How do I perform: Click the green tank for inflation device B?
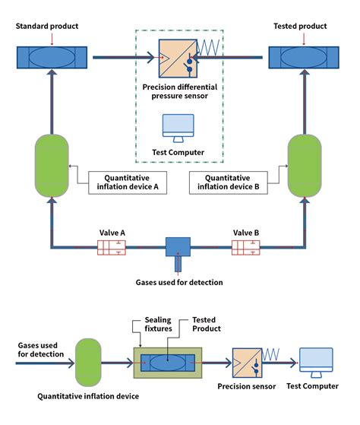(305, 164)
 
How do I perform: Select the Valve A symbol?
(111, 246)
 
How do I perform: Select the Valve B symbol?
(245, 246)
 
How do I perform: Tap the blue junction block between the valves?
(178, 246)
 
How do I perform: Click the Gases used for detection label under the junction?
(178, 282)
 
